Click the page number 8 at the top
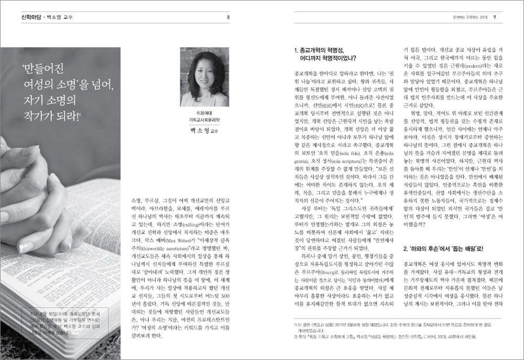tap(228, 17)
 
